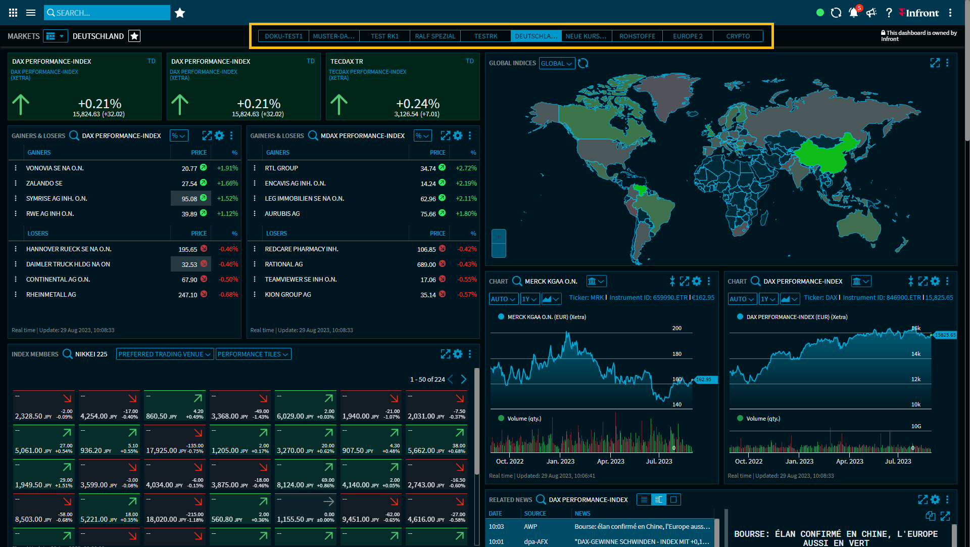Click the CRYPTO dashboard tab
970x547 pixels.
(x=738, y=36)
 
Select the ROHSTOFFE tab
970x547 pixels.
(x=637, y=36)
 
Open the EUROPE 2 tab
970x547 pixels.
(x=688, y=36)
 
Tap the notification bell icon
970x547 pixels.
(x=853, y=13)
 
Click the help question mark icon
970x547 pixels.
(x=889, y=13)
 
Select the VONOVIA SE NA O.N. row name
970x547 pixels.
(x=55, y=168)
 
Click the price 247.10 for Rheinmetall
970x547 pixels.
(x=187, y=295)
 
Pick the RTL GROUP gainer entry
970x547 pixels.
(x=281, y=168)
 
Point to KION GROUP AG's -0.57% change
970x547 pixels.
(x=467, y=295)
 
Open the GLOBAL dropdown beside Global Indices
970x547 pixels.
(x=556, y=64)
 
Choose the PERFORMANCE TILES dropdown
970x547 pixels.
(x=253, y=354)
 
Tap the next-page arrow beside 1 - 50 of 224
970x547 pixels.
(x=464, y=379)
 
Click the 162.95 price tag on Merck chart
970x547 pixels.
(x=704, y=380)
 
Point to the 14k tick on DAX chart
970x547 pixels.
(x=916, y=354)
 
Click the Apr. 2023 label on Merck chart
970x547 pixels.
(x=610, y=462)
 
